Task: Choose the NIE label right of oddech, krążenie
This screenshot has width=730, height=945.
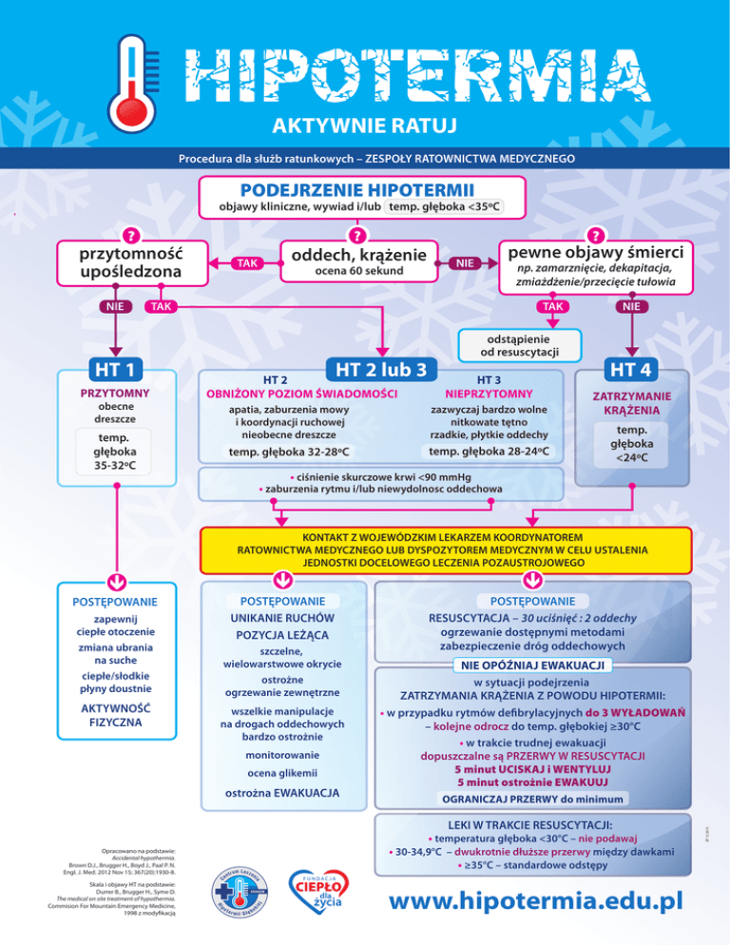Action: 465,262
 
